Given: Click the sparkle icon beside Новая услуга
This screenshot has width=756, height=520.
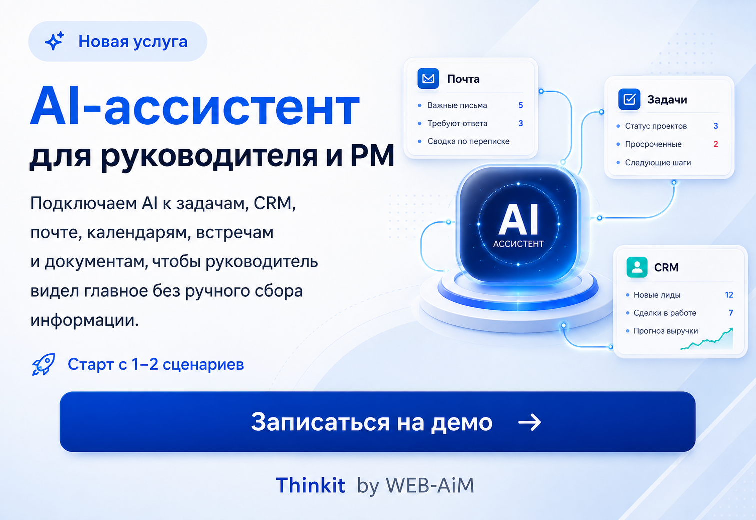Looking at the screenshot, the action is coord(54,41).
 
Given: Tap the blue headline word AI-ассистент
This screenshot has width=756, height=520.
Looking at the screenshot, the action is coord(195,106).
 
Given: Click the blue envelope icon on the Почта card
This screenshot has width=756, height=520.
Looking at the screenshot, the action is coord(428,78).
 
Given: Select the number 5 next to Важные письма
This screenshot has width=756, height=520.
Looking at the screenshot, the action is coord(521,105).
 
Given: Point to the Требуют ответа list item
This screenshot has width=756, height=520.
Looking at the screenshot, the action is coord(457,124).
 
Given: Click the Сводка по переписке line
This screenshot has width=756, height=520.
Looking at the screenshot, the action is coord(468,141).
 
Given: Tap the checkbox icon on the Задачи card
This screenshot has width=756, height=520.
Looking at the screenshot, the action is coord(629,99).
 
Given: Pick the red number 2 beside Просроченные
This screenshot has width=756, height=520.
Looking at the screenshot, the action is coord(716,144).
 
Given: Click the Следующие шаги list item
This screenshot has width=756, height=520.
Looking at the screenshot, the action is coord(658,163).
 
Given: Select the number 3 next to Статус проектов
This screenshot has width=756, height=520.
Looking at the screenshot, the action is coord(716,126).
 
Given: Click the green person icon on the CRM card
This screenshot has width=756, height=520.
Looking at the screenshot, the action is coord(637,267).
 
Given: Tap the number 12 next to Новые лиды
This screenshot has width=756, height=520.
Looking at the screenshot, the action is coord(729,295).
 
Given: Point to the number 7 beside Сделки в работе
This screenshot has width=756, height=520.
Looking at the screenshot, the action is coord(731,313).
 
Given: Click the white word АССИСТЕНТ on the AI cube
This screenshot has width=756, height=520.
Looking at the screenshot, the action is coord(518,244).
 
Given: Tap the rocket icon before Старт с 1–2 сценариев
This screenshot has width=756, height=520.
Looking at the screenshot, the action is coord(44,364).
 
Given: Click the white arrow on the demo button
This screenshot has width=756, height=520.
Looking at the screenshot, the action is coord(530,422).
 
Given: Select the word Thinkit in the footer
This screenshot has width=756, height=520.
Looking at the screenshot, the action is coord(310,485).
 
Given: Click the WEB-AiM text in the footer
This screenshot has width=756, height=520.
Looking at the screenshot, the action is coord(430,486).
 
